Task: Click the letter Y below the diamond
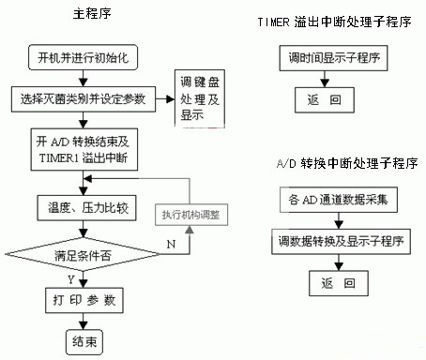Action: point(69,278)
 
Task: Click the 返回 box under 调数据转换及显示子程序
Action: point(335,281)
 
